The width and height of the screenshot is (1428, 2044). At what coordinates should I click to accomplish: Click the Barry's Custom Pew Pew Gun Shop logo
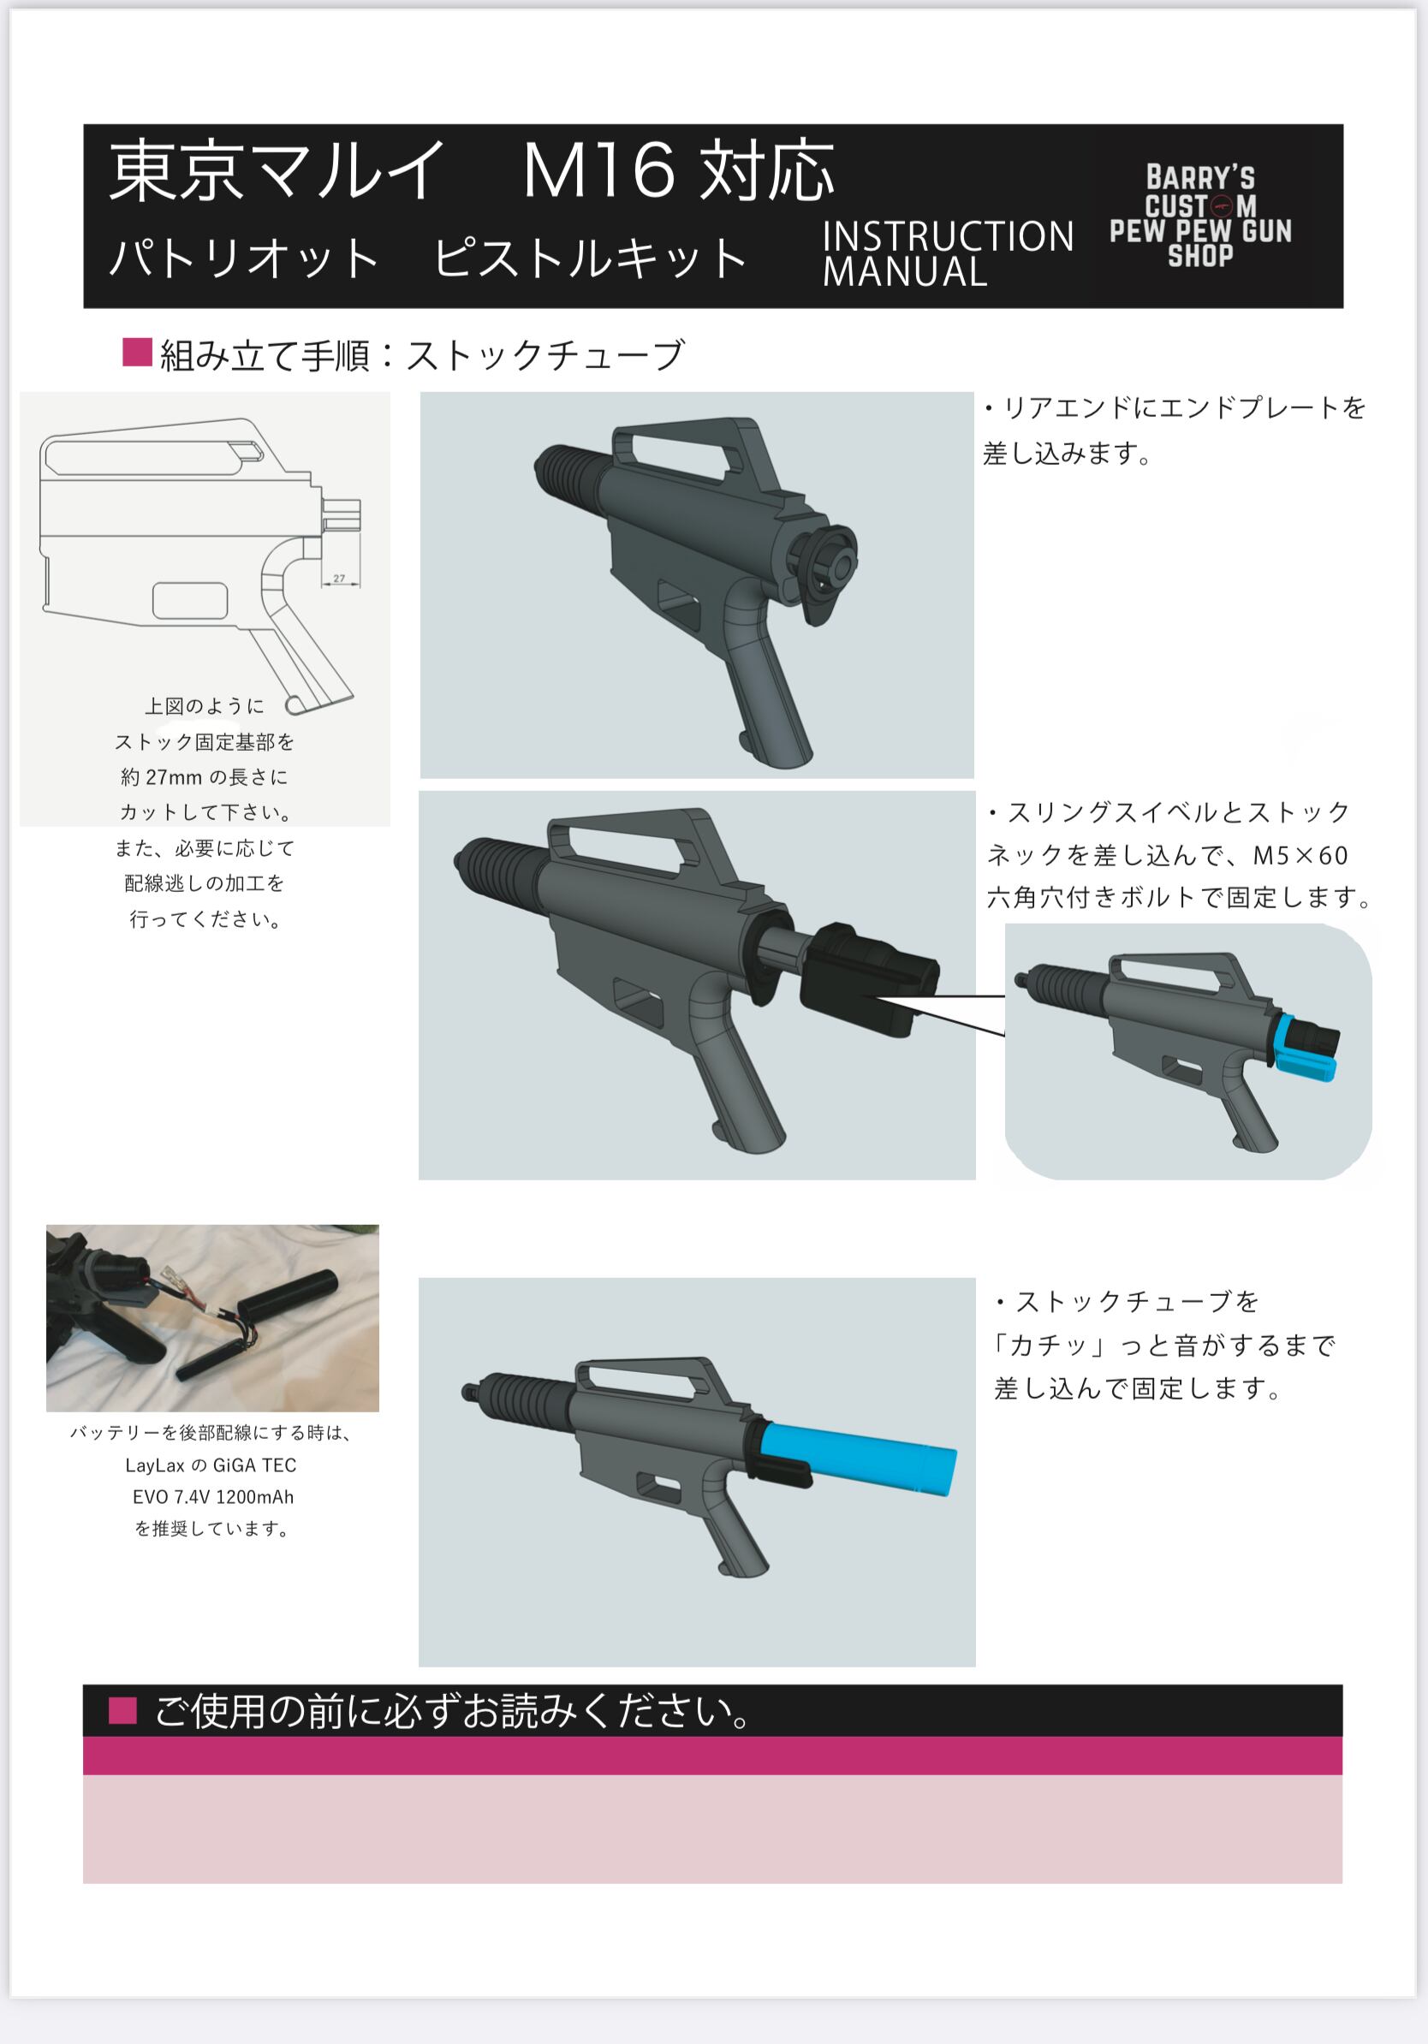click(x=1199, y=217)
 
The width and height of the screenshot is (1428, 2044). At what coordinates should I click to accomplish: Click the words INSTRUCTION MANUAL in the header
click(x=946, y=253)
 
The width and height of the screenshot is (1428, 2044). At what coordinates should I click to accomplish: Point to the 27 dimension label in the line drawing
click(x=339, y=579)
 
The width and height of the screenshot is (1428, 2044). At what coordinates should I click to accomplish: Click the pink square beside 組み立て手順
click(x=137, y=353)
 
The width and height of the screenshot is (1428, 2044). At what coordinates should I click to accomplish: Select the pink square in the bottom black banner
click(x=123, y=1710)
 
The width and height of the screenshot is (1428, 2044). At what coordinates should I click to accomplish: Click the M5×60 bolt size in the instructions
click(x=1300, y=857)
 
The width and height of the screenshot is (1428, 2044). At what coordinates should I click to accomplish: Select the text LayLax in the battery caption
click(x=154, y=1465)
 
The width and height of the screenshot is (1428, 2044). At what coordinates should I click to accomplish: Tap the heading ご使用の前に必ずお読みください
click(x=454, y=1711)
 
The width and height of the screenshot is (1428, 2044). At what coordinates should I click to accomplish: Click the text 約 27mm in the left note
click(x=161, y=777)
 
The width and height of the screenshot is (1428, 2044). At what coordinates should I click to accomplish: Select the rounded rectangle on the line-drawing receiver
click(x=189, y=601)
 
